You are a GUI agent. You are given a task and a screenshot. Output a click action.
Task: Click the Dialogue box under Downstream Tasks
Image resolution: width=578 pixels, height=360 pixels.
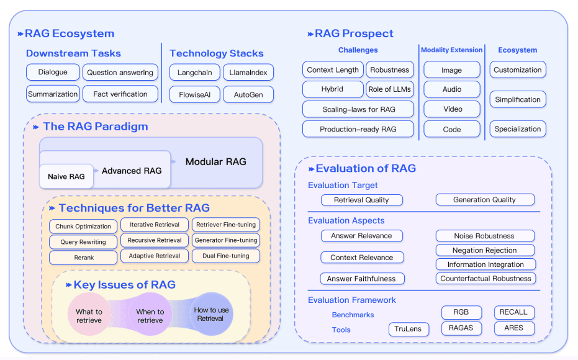[53, 72]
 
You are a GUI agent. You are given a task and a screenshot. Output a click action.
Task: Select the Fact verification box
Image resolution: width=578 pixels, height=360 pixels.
[120, 94]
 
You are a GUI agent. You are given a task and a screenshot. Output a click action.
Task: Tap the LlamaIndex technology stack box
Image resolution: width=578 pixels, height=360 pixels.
[248, 73]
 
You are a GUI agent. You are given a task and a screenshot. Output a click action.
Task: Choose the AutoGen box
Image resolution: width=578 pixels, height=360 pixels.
[248, 94]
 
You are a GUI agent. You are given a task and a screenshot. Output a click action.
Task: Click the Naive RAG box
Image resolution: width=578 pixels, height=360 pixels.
[66, 177]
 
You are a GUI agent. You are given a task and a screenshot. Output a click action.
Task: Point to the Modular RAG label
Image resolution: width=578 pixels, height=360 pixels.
[215, 162]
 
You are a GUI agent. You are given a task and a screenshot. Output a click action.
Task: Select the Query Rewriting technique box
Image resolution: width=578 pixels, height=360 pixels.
[83, 242]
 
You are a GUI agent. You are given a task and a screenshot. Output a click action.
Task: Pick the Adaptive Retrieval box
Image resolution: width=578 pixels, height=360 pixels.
[155, 256]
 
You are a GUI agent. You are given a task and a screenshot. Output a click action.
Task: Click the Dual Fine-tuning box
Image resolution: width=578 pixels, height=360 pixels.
[225, 256]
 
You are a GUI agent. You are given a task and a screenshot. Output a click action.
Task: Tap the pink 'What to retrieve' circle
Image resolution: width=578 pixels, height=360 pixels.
[89, 316]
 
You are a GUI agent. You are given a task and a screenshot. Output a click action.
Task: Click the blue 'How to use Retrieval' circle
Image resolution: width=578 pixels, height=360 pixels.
[211, 314]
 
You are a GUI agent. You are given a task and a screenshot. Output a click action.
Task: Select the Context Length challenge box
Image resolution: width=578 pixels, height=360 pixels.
[333, 70]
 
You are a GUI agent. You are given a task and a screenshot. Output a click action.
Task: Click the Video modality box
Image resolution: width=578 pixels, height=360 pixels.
[452, 109]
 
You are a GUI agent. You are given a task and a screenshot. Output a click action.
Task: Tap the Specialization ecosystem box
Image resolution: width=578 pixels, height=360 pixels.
[518, 129]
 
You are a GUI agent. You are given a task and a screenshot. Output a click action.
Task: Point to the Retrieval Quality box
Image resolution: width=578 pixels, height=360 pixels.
[361, 200]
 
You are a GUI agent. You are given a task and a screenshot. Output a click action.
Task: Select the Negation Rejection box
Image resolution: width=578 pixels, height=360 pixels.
[485, 250]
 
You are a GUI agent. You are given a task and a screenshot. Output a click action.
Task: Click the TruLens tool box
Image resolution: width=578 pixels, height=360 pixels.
[409, 330]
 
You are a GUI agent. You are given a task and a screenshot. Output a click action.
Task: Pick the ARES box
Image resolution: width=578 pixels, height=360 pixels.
[513, 328]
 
